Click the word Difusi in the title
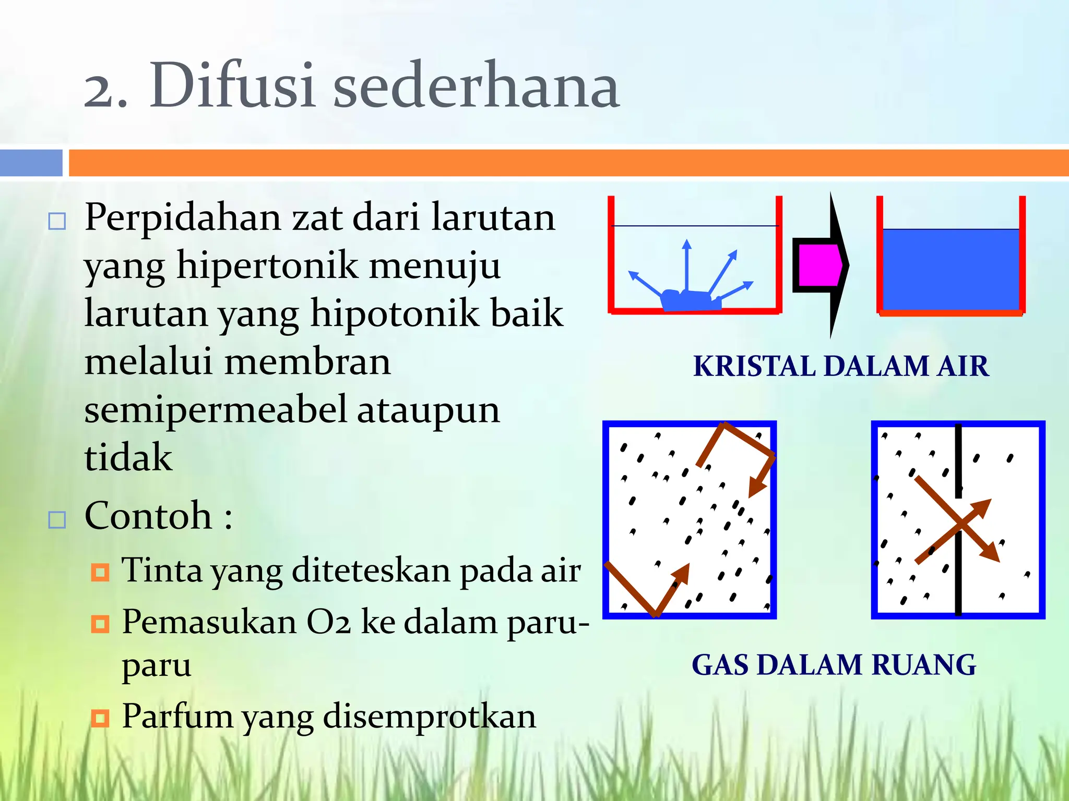click(232, 86)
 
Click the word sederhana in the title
click(476, 86)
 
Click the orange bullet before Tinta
click(100, 572)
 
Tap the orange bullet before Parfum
click(100, 718)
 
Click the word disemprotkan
click(429, 717)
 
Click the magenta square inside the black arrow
click(818, 265)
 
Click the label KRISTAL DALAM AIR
click(840, 366)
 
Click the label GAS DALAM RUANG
click(834, 665)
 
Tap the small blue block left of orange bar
click(31, 163)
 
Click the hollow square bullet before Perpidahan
click(57, 221)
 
